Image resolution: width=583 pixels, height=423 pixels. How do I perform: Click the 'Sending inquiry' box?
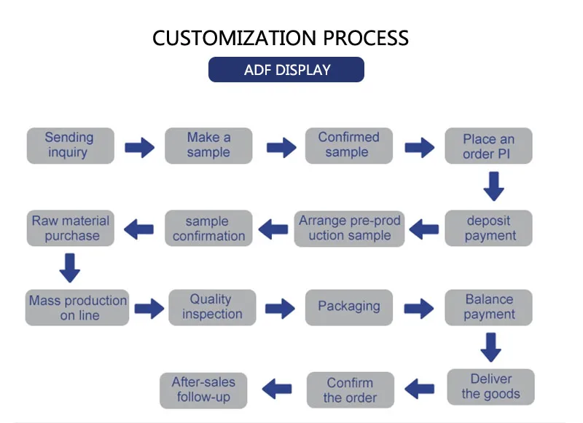(x=70, y=146)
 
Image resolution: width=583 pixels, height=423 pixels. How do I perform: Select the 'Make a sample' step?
(x=208, y=146)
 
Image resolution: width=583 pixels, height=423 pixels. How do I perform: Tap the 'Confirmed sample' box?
(x=348, y=145)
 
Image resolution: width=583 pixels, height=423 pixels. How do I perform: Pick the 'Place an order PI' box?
(x=488, y=146)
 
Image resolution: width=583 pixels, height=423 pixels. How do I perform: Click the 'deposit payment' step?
(x=489, y=228)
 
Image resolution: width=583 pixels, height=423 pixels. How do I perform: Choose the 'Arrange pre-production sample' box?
(x=350, y=228)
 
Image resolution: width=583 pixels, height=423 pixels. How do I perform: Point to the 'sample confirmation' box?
(x=208, y=229)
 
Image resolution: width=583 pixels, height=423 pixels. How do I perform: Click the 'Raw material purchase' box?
(x=71, y=228)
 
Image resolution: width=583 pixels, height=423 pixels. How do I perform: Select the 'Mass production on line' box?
(x=77, y=307)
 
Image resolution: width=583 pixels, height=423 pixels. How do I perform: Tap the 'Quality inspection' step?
(x=211, y=307)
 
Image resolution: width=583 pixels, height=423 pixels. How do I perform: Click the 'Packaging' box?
(x=348, y=307)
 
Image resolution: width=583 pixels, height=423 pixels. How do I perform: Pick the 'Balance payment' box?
(x=489, y=307)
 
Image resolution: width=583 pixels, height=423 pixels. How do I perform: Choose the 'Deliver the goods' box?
(x=490, y=387)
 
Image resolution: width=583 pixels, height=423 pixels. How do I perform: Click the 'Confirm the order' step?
(x=350, y=390)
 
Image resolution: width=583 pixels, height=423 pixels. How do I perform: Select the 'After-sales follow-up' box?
(x=203, y=390)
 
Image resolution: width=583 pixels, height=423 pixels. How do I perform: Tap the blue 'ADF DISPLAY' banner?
(x=286, y=70)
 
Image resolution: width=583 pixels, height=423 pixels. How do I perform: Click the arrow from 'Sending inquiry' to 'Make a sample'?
(x=139, y=148)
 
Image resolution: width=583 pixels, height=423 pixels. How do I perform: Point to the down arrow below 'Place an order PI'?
(x=494, y=186)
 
